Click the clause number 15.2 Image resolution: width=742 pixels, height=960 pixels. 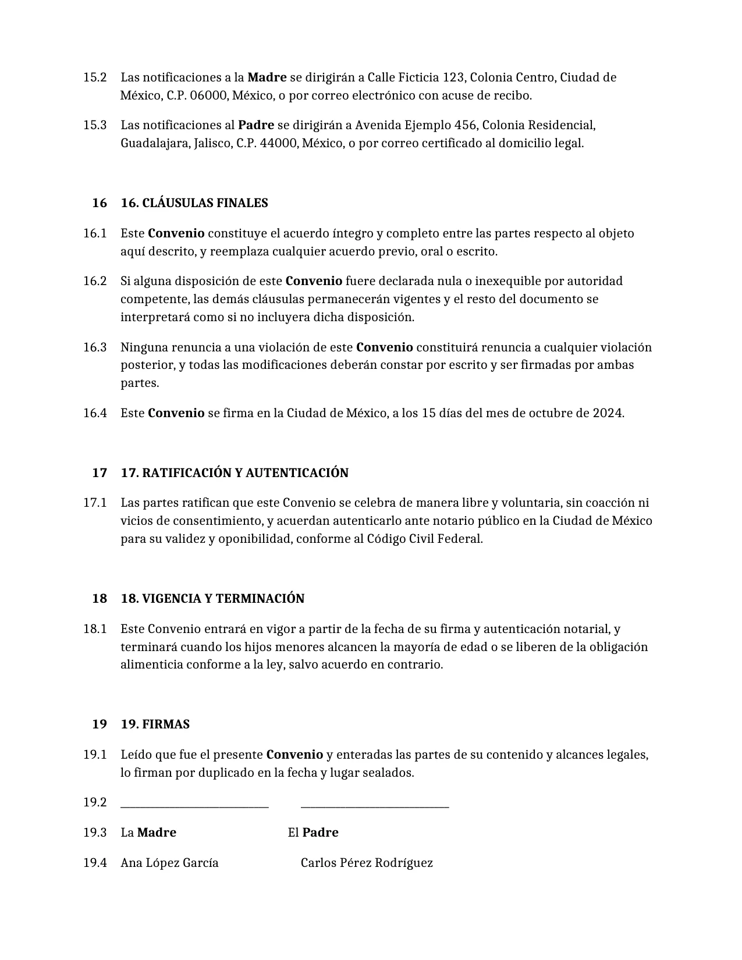point(95,77)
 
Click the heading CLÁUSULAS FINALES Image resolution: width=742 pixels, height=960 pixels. point(205,203)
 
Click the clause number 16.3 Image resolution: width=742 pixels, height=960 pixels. point(95,347)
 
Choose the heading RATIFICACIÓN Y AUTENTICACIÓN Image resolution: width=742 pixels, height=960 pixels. point(245,473)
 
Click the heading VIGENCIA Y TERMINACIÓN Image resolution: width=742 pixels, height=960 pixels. point(223,599)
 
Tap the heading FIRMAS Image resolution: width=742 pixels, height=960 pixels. point(166,724)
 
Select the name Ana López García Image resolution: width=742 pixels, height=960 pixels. point(169,863)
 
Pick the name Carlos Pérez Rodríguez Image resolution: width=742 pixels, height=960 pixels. point(367,863)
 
